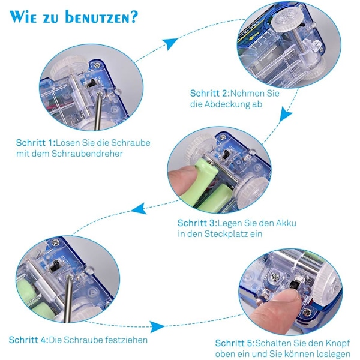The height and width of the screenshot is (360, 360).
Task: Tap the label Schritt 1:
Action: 36,143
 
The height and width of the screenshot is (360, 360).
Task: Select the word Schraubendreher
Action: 87,154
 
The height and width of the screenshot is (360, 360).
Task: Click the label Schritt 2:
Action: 210,94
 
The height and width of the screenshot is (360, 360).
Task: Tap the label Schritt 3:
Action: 197,223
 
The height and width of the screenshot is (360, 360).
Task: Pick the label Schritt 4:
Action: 28,340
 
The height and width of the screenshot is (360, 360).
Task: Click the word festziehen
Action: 126,340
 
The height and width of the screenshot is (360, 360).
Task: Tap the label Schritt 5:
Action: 235,343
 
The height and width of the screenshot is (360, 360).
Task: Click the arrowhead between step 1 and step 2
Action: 169,43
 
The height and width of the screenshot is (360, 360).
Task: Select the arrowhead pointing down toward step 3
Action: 285,115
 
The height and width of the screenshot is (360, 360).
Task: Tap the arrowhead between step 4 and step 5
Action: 157,327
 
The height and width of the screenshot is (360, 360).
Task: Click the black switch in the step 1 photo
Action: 92,83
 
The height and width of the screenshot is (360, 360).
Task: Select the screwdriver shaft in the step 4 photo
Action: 68,298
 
